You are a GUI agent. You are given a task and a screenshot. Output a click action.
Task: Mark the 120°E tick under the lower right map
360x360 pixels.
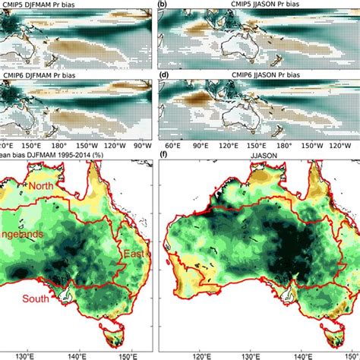pos(204,353)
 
